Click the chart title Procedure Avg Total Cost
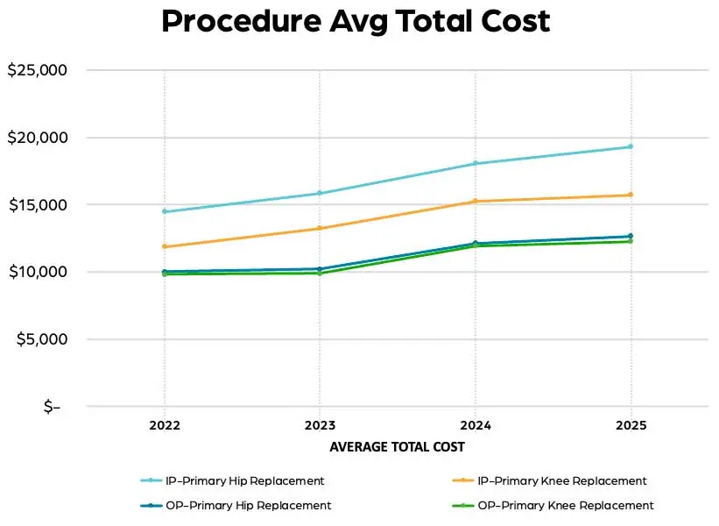pos(356,21)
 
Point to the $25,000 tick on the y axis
pos(37,70)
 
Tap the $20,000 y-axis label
pos(37,138)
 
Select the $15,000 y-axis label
pos(37,205)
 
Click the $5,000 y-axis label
pos(41,339)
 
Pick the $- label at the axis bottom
pos(52,407)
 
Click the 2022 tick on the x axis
pos(164,426)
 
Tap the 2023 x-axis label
pos(319,426)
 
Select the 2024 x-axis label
pos(475,426)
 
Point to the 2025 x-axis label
pos(631,426)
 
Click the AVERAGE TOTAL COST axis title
pos(397,447)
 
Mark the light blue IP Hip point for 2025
pos(631,146)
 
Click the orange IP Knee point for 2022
pos(164,246)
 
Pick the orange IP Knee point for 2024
pos(475,201)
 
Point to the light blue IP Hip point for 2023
pos(319,193)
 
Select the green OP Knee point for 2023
pos(319,273)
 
